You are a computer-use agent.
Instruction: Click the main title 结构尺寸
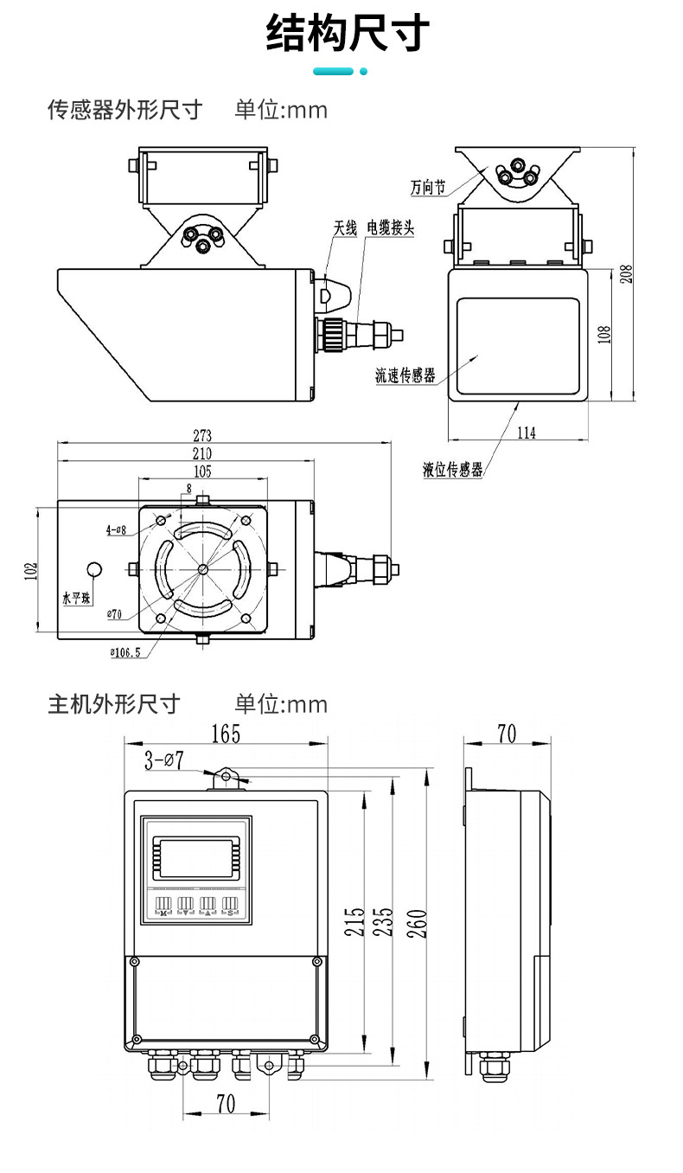[x=348, y=35]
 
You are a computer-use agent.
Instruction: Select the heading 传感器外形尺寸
[x=124, y=110]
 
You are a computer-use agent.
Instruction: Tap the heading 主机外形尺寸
[x=113, y=703]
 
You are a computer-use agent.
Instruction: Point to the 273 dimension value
[x=202, y=435]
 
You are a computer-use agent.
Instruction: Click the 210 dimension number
[x=202, y=453]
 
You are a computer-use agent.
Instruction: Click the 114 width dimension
[x=526, y=433]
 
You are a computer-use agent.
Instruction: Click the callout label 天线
[x=345, y=228]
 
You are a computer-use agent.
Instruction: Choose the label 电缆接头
[x=391, y=228]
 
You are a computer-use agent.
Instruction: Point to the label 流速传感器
[x=405, y=375]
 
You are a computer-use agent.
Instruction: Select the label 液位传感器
[x=452, y=470]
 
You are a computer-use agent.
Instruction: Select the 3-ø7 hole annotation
[x=163, y=761]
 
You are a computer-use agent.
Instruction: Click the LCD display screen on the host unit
[x=195, y=857]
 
